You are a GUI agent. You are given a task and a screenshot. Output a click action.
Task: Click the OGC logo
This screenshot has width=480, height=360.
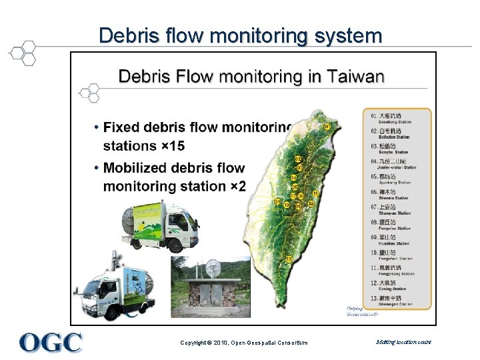coord(51,342)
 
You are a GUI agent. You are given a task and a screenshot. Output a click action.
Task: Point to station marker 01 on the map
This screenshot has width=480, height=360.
coord(327,126)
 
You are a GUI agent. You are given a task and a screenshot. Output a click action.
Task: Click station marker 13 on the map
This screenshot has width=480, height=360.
coord(289,259)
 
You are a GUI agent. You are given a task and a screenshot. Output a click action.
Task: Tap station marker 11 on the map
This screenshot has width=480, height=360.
coord(315,193)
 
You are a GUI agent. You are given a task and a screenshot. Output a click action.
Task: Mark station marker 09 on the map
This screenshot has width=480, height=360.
coord(299,207)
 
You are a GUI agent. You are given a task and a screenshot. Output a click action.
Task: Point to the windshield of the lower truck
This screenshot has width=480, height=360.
coord(91,292)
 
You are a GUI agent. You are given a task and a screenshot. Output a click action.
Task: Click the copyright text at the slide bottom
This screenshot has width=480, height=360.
coord(244,343)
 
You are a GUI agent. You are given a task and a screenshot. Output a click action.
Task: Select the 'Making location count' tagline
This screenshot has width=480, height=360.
coord(403,342)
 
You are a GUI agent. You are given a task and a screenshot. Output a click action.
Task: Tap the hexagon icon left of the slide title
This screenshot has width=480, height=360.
coord(24,52)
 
